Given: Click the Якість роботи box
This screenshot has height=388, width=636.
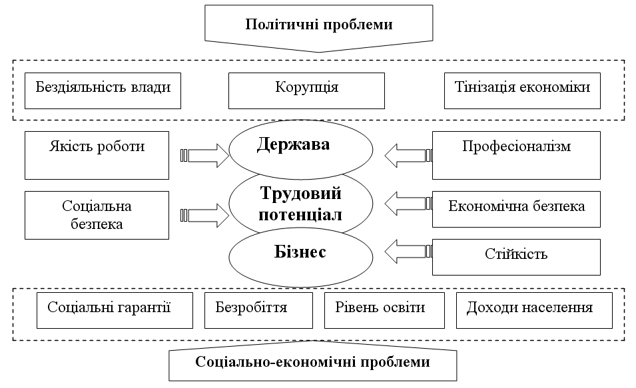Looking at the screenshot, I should [97, 154].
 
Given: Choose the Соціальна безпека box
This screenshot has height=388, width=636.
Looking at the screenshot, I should [97, 214].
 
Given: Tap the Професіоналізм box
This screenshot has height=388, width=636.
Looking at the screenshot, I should [516, 154].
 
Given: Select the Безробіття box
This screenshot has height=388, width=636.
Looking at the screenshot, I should [258, 309].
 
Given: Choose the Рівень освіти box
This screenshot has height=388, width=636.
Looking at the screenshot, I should [385, 309].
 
